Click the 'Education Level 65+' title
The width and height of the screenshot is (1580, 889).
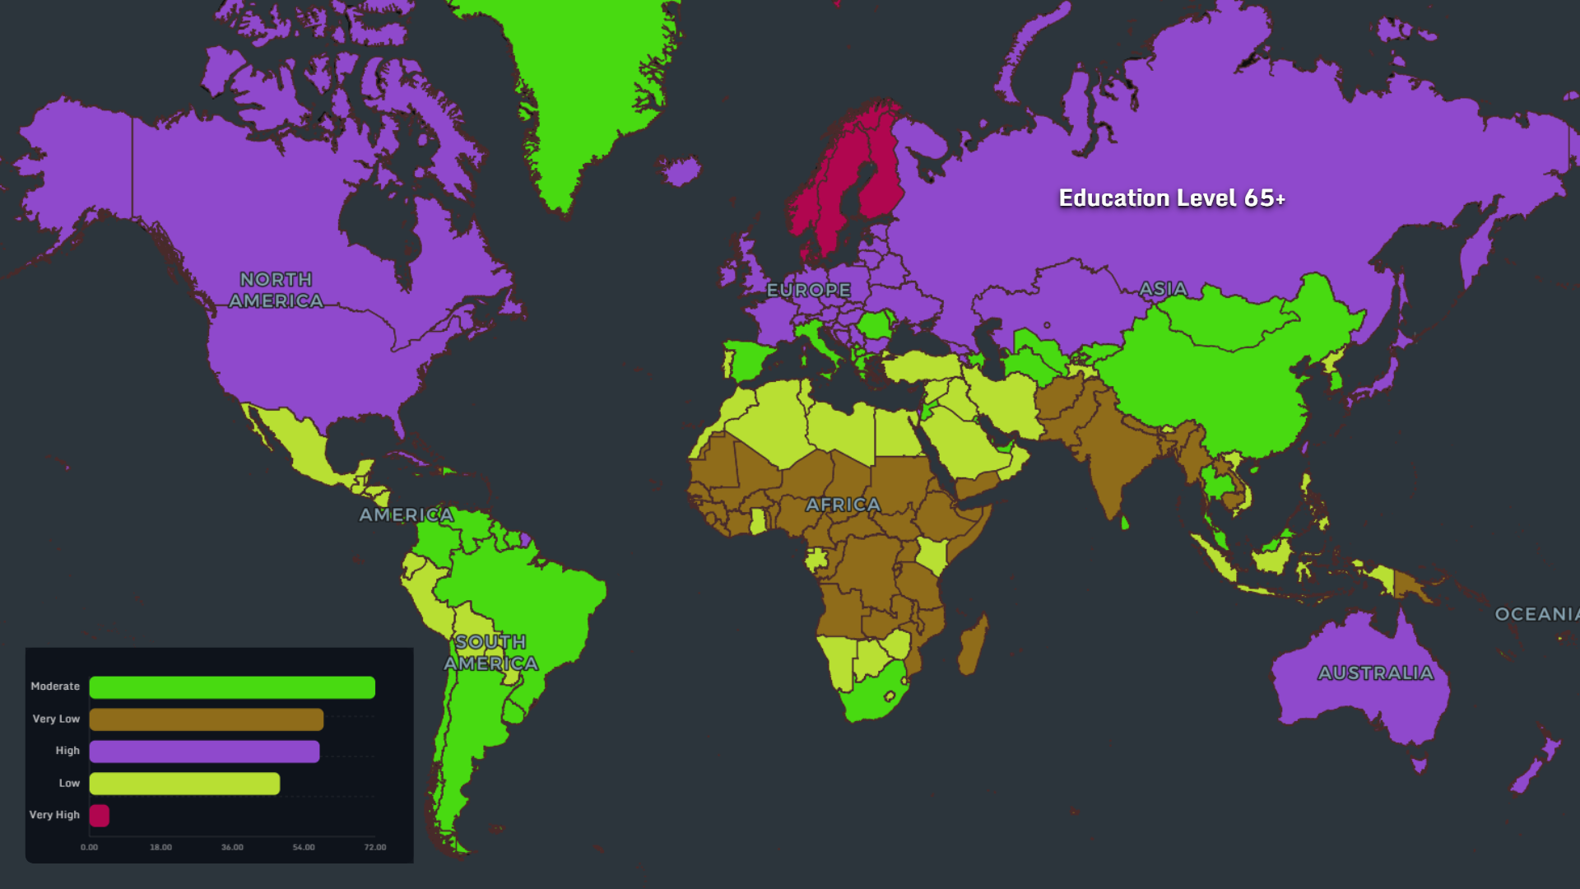point(1171,198)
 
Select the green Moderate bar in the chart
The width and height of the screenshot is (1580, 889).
point(232,687)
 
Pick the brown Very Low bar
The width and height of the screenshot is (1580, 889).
point(206,719)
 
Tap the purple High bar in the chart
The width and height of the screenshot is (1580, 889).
point(204,752)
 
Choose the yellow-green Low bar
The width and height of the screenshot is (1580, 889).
point(184,784)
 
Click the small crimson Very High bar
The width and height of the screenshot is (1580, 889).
point(100,816)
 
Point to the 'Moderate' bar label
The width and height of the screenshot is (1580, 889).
point(55,687)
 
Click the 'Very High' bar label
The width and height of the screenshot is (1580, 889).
point(54,815)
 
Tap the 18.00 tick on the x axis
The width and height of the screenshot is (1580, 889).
point(160,847)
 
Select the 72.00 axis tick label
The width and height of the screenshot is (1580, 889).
point(375,847)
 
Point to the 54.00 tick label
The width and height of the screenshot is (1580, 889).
point(304,847)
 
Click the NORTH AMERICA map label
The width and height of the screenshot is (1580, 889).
point(276,291)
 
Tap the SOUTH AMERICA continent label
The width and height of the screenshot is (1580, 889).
point(491,653)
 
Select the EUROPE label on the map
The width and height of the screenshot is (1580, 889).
point(808,291)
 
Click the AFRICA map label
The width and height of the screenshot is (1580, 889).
point(843,505)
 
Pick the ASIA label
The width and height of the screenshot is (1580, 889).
point(1163,289)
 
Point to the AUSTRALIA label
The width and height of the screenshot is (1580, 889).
point(1376,673)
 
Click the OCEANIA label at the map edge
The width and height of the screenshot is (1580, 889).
point(1536,614)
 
